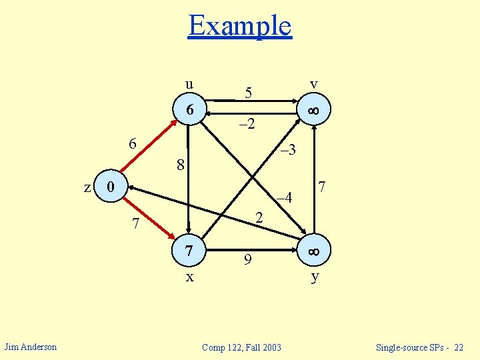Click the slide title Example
point(240,26)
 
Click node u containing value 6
point(189,110)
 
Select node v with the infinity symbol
point(313,110)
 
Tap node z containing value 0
point(112,187)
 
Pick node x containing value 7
point(189,251)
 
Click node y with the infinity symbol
point(313,251)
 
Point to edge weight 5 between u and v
point(248,93)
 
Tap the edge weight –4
point(284,197)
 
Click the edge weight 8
point(180,164)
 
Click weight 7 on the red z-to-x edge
point(135,225)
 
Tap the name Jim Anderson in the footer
point(31,347)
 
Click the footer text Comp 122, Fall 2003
point(241,347)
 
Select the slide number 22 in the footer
point(458,347)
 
